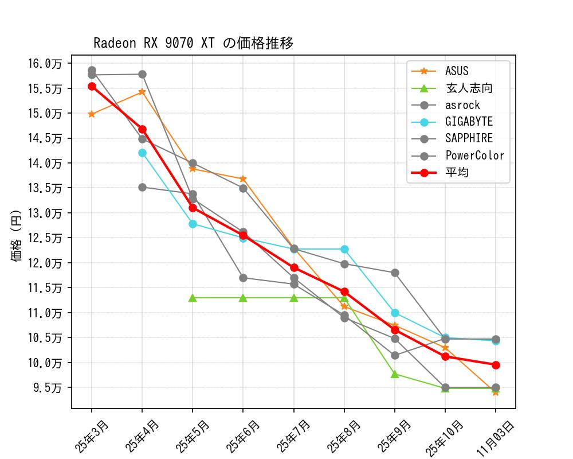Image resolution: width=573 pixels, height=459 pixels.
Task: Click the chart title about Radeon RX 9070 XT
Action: tap(193, 44)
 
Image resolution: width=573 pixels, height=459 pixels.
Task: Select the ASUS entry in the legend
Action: tap(457, 71)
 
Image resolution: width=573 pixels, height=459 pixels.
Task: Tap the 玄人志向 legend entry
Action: tap(469, 88)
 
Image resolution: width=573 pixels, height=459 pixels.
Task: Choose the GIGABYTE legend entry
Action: tap(469, 122)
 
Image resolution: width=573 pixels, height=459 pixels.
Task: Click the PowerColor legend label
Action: tap(474, 155)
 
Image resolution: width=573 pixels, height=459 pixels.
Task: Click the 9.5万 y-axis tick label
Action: tap(47, 388)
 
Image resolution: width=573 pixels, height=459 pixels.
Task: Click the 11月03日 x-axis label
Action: tap(496, 437)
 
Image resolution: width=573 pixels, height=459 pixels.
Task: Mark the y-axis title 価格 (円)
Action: tap(17, 236)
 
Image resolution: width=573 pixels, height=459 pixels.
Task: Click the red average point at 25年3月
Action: tap(92, 86)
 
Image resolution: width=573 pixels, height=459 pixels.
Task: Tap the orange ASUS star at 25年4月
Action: tap(142, 92)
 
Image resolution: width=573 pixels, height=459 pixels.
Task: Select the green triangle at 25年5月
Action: tap(193, 298)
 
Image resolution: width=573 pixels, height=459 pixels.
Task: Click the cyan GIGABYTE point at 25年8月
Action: tap(344, 249)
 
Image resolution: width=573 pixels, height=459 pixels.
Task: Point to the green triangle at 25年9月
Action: tap(395, 374)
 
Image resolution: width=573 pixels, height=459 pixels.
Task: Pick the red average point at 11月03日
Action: tap(496, 365)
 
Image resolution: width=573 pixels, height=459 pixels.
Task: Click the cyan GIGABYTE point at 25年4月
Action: tap(142, 153)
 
